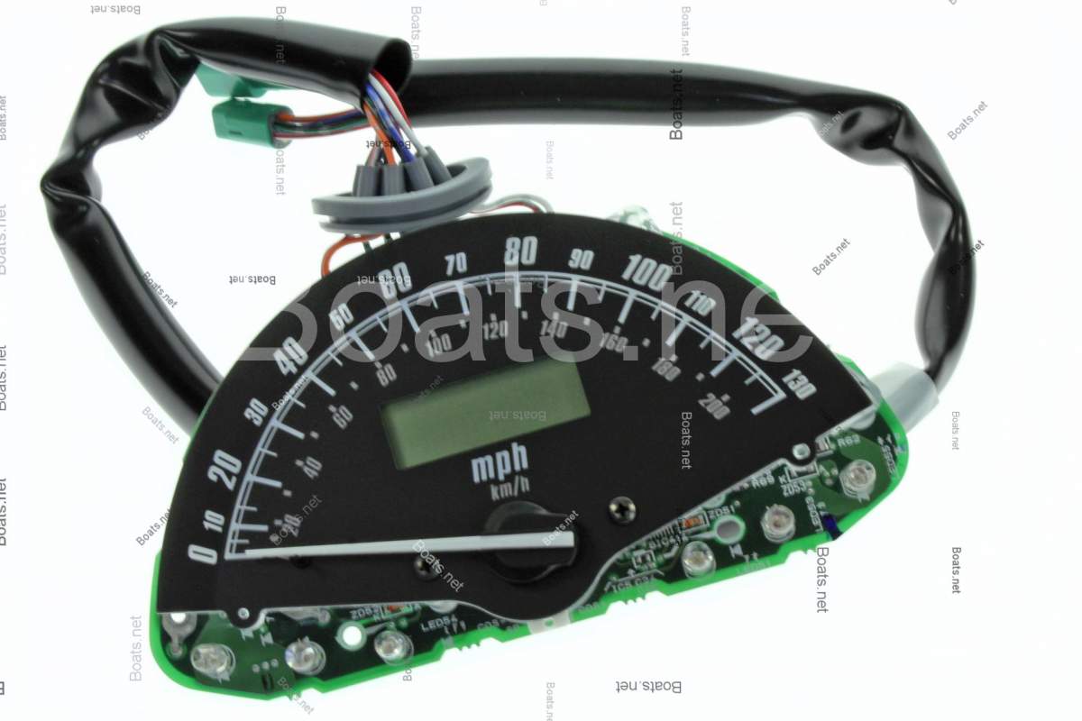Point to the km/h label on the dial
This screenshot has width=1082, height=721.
click(510, 492)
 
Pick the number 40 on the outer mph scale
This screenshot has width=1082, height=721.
click(290, 360)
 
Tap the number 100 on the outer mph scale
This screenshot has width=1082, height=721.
click(648, 269)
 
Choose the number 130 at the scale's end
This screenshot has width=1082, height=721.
click(799, 388)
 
